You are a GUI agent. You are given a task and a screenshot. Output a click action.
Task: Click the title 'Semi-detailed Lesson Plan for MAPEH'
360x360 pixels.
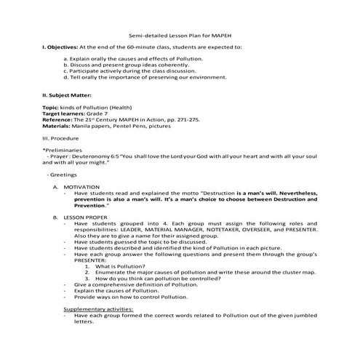click(x=179, y=36)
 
